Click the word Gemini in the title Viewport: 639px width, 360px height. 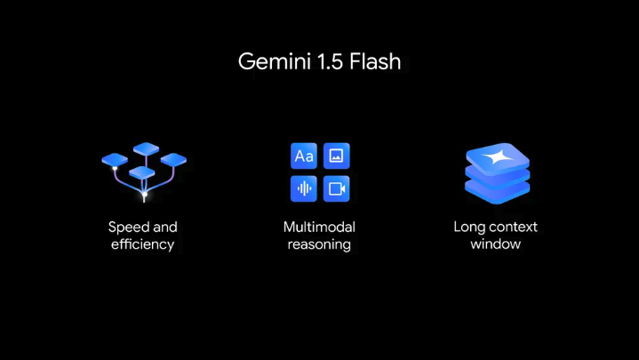270,62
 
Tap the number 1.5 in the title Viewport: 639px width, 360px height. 323,62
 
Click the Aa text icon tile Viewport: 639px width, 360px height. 304,156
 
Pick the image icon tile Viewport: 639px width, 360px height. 336,156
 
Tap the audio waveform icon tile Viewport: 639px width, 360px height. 304,188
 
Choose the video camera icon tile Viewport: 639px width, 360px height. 336,188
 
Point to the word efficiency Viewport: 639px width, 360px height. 143,244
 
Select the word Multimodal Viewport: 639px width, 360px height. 320,227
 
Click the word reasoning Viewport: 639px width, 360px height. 320,244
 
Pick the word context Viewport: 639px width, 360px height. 513,227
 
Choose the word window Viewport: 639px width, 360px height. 495,244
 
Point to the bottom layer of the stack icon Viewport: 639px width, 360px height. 497,190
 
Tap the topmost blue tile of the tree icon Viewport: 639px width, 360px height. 145,148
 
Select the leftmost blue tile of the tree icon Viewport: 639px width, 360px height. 115,160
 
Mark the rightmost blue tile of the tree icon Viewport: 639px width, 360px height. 173,159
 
